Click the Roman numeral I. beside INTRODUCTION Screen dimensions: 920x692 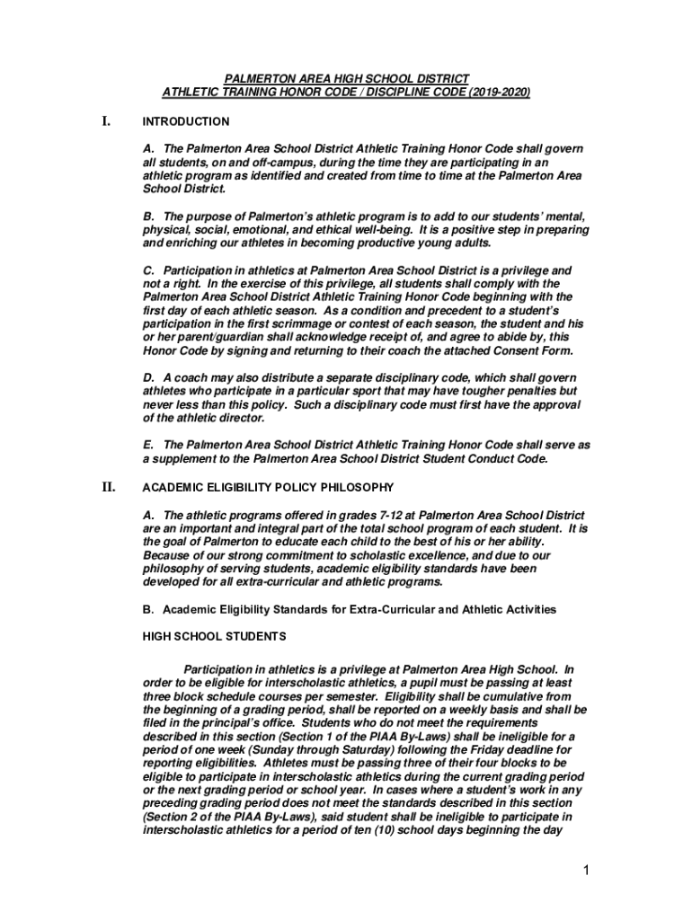(x=105, y=120)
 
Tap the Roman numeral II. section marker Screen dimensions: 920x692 (x=108, y=487)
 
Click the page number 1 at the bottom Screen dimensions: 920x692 (x=584, y=871)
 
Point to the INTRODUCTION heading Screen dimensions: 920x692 (x=186, y=121)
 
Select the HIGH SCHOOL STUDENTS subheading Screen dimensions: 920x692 (x=215, y=636)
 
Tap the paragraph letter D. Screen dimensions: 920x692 (x=148, y=378)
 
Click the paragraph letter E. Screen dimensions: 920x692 (x=148, y=445)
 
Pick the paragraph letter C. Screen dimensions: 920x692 (x=148, y=270)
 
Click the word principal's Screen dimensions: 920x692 (x=226, y=722)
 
